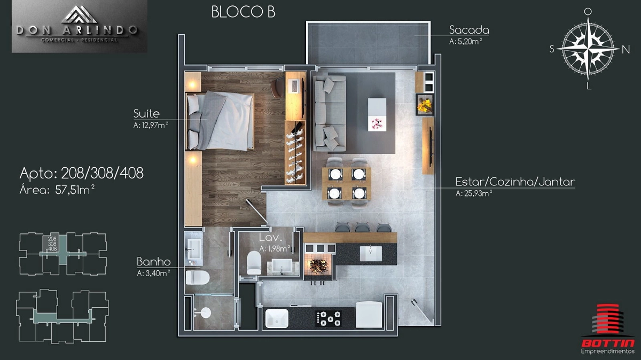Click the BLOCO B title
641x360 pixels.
click(243, 12)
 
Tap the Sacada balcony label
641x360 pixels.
click(469, 30)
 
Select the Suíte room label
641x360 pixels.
click(146, 114)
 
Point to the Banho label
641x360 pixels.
click(154, 262)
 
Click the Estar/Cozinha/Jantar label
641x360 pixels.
click(515, 182)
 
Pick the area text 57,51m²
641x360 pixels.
click(75, 190)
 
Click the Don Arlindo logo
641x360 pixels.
click(80, 26)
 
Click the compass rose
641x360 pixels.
click(588, 49)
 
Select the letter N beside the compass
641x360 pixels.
click(626, 50)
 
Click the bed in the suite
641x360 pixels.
click(220, 121)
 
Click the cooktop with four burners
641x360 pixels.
click(328, 318)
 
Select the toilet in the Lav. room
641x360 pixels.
click(254, 263)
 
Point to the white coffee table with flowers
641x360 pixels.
click(377, 115)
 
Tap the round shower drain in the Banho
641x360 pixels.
click(206, 313)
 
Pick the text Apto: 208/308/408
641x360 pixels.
click(82, 173)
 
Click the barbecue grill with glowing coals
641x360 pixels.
click(318, 266)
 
